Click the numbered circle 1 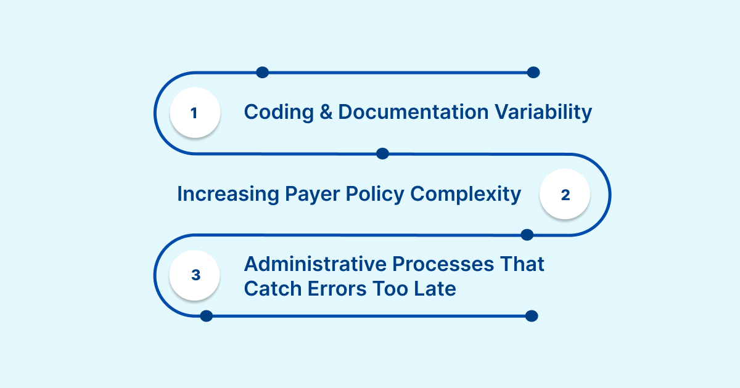(195, 113)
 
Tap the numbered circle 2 (565, 195)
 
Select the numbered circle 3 (195, 275)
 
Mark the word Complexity (466, 195)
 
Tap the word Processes (442, 264)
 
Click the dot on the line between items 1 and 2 (382, 153)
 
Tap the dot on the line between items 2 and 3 (527, 235)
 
